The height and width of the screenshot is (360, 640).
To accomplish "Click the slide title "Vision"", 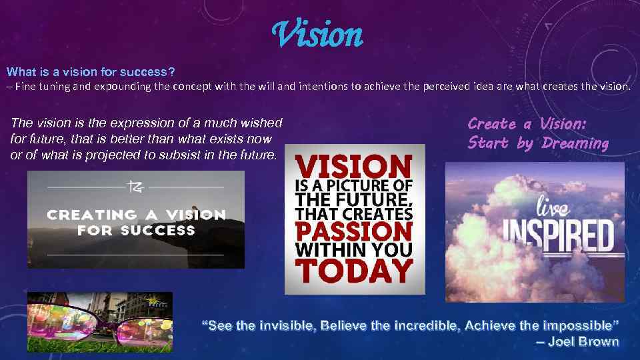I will coord(318,35).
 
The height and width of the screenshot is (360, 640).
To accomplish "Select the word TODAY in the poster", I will coord(354,271).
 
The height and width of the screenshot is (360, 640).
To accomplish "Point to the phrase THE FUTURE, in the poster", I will coord(354,199).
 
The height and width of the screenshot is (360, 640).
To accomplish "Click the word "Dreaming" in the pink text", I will coord(575,143).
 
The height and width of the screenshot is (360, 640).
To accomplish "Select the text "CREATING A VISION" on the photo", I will coord(136,215).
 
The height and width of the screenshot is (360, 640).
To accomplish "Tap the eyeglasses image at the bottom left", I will coord(100,322).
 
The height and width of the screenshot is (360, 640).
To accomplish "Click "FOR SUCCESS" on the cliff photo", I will coord(136,231).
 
